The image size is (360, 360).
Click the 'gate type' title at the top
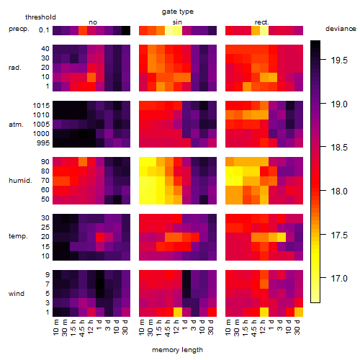pos(178,12)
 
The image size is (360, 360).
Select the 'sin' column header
pos(177,22)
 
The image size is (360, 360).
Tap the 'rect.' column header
pos(262,22)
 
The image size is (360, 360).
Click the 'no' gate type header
pos(93,22)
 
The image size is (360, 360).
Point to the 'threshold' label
pos(40,17)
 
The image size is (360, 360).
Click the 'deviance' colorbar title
pos(341,29)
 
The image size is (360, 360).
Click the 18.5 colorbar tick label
pos(339,148)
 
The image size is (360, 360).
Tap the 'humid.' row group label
pos(20,181)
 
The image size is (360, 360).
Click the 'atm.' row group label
pos(16,125)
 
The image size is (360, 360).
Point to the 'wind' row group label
pos(17,294)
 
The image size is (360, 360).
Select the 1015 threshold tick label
pos(41,106)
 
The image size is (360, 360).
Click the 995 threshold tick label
pos(43,143)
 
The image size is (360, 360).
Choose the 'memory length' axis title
pos(178,350)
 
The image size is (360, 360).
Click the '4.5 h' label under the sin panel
pos(168,328)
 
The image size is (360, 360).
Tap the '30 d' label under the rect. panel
pos(297,327)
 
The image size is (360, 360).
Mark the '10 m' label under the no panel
pos(55,328)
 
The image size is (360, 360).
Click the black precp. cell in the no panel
pos(126,30)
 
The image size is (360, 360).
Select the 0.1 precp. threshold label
pos(44,30)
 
